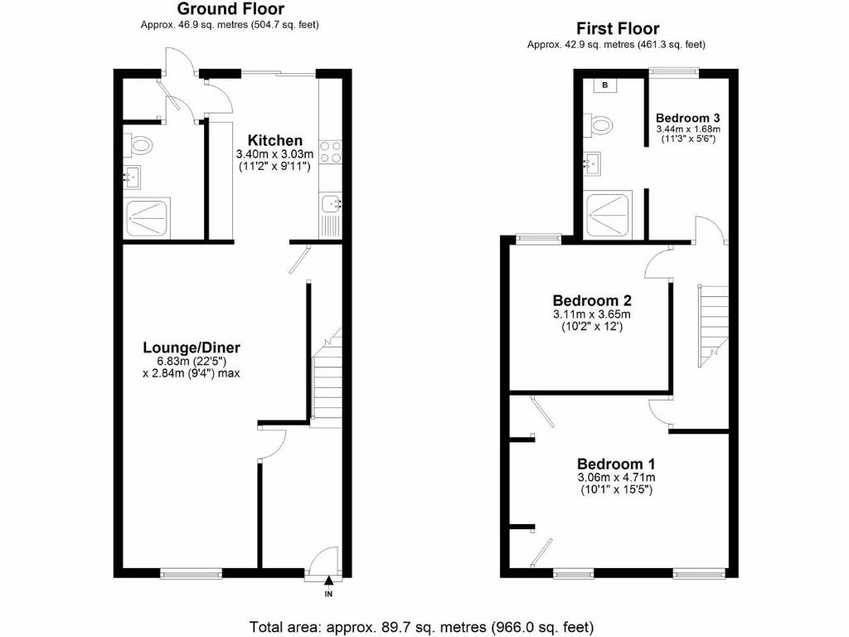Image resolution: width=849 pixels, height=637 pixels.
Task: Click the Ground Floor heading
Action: [230, 9]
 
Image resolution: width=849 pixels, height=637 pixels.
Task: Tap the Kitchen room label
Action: [274, 140]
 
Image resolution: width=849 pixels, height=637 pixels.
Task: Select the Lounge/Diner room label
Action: [192, 348]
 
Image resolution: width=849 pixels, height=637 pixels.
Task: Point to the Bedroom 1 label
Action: [616, 464]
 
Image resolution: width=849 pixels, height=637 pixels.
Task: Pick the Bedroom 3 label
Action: [687, 117]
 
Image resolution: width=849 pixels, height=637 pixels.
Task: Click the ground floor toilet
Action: [139, 147]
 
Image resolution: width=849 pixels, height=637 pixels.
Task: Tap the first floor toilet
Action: [599, 125]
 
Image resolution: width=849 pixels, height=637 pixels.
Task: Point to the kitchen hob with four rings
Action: [330, 152]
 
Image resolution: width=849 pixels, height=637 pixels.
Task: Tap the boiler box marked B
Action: [604, 85]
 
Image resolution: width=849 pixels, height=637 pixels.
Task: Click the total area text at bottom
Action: [421, 626]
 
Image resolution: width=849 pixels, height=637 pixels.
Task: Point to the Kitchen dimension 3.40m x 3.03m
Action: [274, 154]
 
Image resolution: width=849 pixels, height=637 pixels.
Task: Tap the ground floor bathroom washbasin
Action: [132, 176]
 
